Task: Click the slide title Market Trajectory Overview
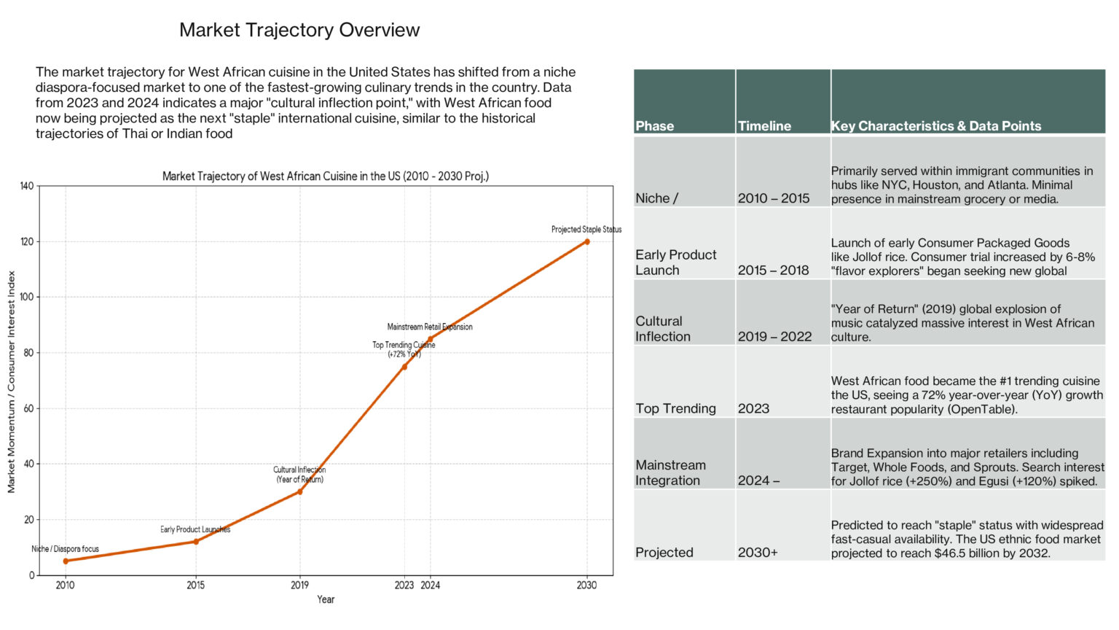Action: click(299, 30)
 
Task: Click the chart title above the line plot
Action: click(325, 176)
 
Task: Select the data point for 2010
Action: click(66, 561)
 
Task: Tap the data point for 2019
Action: click(299, 491)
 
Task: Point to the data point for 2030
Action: click(586, 241)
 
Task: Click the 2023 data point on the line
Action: click(404, 366)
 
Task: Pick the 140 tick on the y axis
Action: click(26, 186)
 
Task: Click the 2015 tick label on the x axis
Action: click(195, 585)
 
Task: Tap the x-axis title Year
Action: click(326, 599)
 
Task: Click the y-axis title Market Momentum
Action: click(12, 381)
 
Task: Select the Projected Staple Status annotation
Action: click(586, 230)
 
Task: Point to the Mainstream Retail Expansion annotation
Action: click(430, 327)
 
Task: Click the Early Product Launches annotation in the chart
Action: click(195, 529)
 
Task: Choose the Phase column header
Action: click(655, 126)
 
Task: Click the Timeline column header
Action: click(764, 126)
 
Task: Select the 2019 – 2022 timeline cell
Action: click(774, 336)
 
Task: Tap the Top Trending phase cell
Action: click(675, 408)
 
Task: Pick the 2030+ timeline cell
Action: click(758, 553)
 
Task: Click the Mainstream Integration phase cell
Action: click(670, 472)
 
